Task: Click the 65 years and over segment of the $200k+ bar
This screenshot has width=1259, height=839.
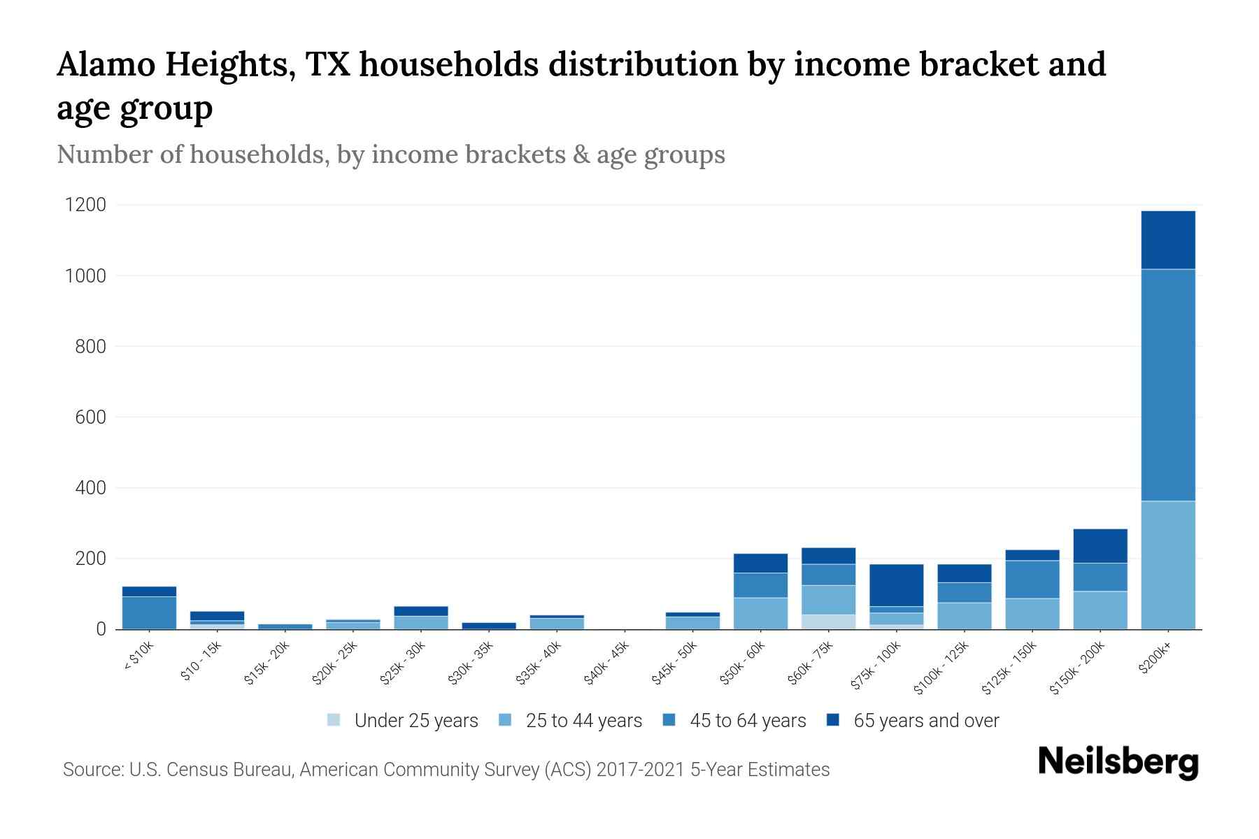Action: point(1167,240)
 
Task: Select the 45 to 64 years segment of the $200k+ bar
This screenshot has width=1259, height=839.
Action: point(1167,385)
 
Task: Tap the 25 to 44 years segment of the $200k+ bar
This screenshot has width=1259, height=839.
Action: point(1167,565)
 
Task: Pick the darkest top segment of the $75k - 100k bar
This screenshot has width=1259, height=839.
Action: point(896,585)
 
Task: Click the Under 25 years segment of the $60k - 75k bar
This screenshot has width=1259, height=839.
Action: point(828,622)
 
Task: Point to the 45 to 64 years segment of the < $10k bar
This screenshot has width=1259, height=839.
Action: point(149,612)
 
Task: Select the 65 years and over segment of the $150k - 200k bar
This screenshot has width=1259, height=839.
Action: point(1100,546)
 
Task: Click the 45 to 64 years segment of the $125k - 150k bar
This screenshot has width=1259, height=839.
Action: point(1032,579)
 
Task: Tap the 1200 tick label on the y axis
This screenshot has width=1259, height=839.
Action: point(85,205)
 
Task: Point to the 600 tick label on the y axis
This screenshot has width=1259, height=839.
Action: point(91,417)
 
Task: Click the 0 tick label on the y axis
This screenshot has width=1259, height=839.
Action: point(101,629)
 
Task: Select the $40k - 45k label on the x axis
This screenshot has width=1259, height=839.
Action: point(608,665)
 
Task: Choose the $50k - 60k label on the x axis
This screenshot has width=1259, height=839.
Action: point(744,665)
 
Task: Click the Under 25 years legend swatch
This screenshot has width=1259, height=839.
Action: point(334,720)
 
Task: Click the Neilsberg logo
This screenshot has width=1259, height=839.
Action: point(1118,762)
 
